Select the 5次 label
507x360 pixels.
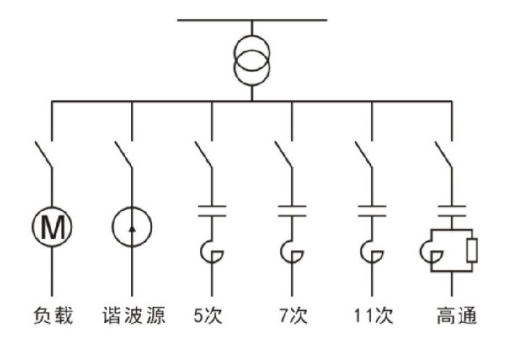click(x=211, y=316)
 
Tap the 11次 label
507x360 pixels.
click(x=372, y=316)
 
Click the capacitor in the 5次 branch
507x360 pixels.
click(x=211, y=212)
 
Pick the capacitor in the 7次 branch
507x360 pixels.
click(x=292, y=212)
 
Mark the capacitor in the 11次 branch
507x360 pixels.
click(x=372, y=212)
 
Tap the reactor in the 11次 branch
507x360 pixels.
click(x=374, y=250)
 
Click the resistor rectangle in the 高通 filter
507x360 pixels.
click(x=472, y=251)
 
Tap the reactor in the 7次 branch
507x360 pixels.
click(x=293, y=250)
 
